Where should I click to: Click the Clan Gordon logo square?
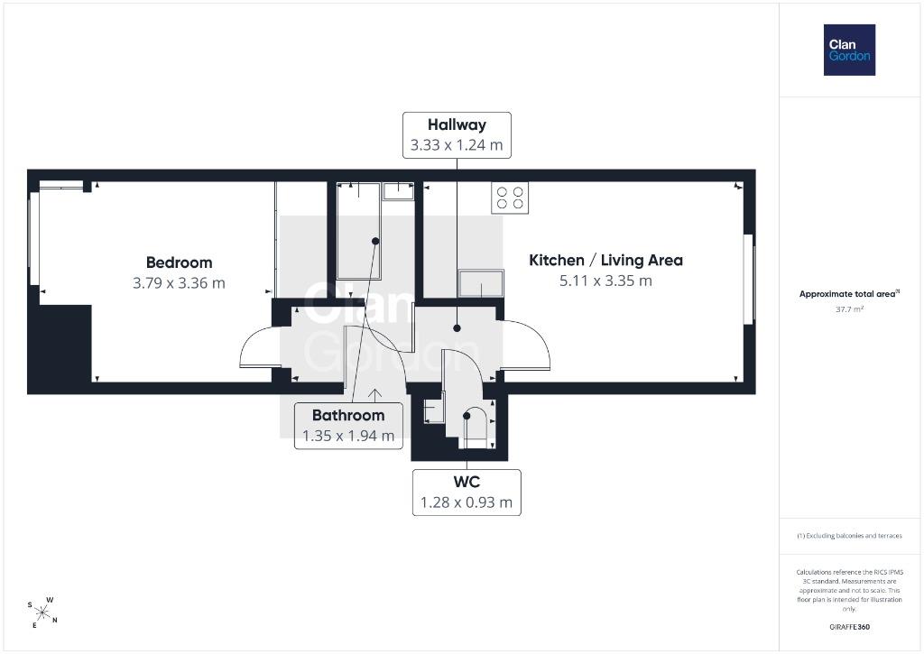tap(849, 51)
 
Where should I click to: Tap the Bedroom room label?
tap(180, 263)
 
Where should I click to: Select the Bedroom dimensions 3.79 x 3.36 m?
tap(180, 283)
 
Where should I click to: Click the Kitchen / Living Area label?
tap(605, 261)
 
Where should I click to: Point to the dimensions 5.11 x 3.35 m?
tap(605, 281)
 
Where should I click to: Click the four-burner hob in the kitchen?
tap(510, 198)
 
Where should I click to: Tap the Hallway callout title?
tap(457, 124)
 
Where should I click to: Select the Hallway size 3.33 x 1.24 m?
tap(457, 145)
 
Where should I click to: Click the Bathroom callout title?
tap(348, 415)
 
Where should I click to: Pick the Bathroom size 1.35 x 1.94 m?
tap(348, 436)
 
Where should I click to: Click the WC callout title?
tap(467, 482)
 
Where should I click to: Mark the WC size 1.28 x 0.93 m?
tap(467, 502)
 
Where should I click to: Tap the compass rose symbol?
tap(42, 613)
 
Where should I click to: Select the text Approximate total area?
tap(847, 294)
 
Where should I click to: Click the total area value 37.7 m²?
tap(849, 309)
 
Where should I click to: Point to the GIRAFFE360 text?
tap(849, 627)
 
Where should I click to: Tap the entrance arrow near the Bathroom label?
tap(374, 395)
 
